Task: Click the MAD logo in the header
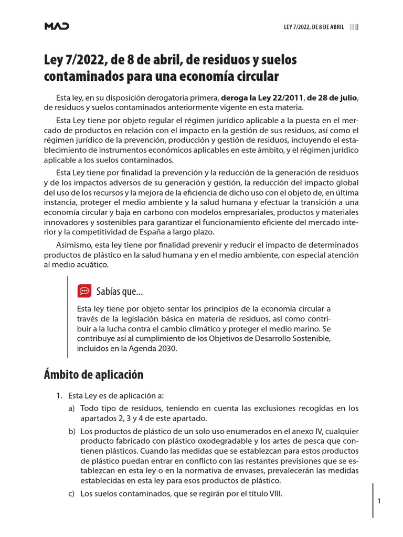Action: pos(56,27)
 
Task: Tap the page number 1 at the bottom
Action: pos(379,501)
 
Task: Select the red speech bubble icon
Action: pos(84,291)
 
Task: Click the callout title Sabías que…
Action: pos(120,292)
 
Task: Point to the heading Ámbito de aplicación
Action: pos(93,374)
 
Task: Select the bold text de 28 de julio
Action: pos(332,98)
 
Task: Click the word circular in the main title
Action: pos(257,77)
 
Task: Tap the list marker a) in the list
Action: pos(72,408)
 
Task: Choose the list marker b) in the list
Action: pos(72,431)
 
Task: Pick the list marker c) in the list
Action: pos(72,493)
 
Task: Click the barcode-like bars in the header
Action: pos(354,27)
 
